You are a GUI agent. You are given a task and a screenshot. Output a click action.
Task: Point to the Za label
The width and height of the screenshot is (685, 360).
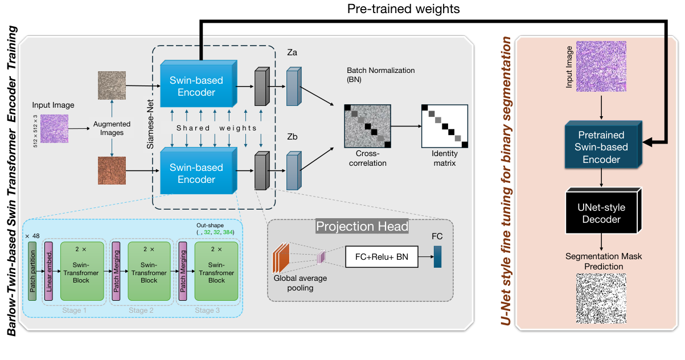(293, 53)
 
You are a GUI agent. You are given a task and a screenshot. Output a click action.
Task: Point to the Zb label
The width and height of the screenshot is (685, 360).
(293, 138)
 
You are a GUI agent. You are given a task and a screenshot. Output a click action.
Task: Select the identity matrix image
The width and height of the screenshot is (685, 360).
(444, 126)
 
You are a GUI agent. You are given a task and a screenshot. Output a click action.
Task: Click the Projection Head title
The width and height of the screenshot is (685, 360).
(362, 227)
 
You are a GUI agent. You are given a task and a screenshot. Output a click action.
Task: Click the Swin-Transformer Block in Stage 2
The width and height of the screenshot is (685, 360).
(149, 271)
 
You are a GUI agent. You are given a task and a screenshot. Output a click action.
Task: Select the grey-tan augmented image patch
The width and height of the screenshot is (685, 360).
(112, 86)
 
